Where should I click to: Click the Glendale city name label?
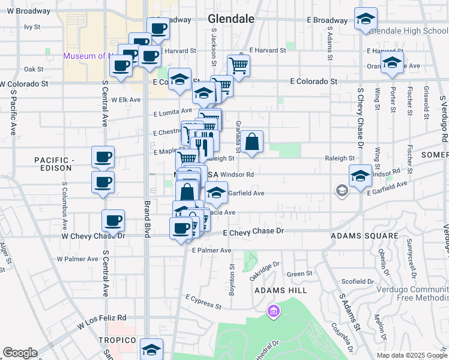[231, 19]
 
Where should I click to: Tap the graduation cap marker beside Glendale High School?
[365, 19]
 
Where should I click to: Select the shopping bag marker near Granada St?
[253, 142]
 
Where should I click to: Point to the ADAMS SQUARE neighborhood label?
[364, 236]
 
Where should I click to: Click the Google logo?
[20, 353]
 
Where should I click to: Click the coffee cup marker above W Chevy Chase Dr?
[113, 221]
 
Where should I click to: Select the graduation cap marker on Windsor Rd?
[360, 176]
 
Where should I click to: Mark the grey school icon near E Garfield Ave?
[342, 191]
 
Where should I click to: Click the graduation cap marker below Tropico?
[151, 349]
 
